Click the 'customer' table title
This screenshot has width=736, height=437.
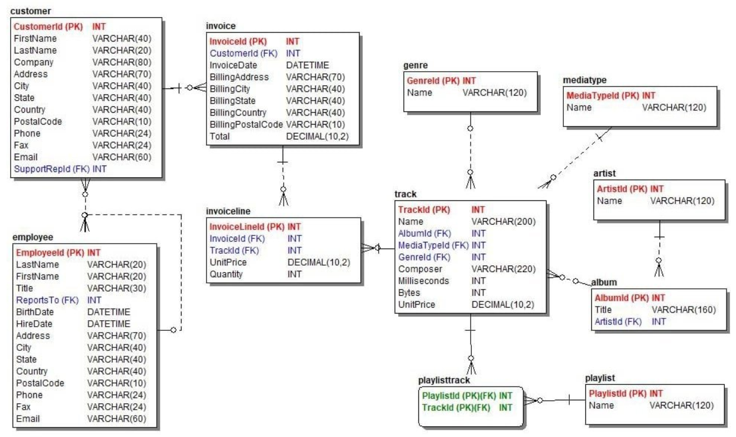point(31,11)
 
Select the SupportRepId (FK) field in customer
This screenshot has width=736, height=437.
point(52,169)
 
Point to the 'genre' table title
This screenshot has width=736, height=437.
point(415,65)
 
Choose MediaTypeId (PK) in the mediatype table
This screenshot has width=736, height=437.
point(602,95)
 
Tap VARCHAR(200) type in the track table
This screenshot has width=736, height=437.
point(503,222)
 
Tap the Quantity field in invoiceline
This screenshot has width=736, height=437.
point(226,274)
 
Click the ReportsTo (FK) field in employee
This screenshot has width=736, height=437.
point(43,300)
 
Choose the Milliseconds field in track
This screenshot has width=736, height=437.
point(423,281)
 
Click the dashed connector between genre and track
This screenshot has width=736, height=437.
point(470,148)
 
